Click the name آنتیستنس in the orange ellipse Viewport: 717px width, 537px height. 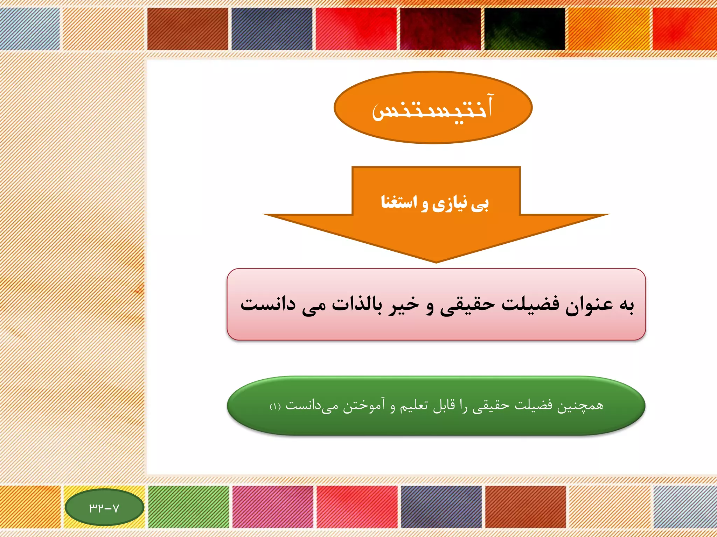tap(433, 108)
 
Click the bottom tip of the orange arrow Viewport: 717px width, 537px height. tap(436, 261)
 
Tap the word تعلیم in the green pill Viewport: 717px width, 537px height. tap(415, 406)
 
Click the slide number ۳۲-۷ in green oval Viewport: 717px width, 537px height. tap(104, 508)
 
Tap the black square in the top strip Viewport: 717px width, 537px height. tap(524, 29)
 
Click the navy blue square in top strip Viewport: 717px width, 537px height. tap(272, 29)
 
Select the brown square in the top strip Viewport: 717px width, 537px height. tap(188, 29)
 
